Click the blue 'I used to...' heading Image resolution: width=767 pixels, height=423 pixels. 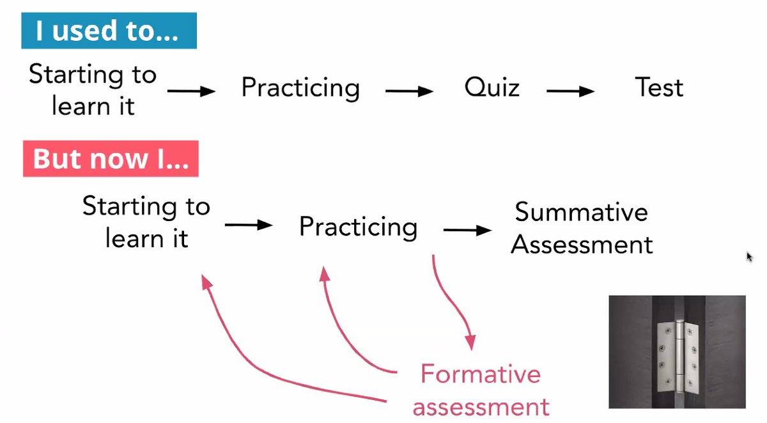tap(107, 31)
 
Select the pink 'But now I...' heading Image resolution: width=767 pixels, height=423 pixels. tap(110, 158)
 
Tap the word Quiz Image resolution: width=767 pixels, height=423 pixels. tap(492, 88)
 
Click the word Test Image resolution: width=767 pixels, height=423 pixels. tap(659, 88)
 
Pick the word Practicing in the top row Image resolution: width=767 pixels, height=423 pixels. tap(300, 88)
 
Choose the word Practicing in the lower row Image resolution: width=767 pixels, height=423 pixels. tap(358, 227)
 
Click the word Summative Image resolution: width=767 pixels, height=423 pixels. tap(581, 212)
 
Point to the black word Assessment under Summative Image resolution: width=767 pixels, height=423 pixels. tap(582, 245)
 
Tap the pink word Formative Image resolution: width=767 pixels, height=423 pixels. tap(480, 374)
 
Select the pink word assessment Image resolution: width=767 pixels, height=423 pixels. tap(481, 406)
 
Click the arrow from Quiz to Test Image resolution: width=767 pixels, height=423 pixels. tap(570, 91)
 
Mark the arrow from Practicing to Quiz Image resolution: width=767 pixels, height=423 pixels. tap(409, 91)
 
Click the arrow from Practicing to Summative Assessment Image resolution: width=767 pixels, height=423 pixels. tap(467, 230)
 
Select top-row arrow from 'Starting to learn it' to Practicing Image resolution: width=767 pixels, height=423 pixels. tap(191, 91)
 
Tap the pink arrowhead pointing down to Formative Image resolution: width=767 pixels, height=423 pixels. tap(470, 341)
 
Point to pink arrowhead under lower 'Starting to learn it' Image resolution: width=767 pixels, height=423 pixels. tap(206, 282)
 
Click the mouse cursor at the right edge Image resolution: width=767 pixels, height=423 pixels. tap(750, 257)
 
